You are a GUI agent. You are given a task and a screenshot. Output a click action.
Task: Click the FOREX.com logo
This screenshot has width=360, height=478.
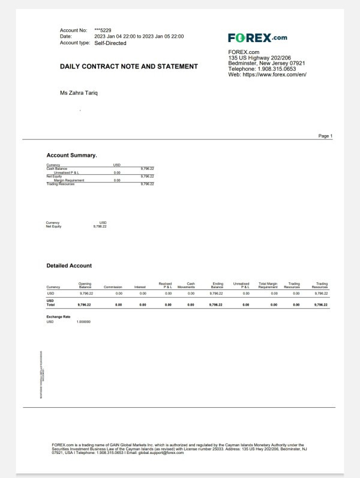(257, 38)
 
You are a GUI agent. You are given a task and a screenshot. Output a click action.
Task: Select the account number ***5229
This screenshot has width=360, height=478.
(103, 30)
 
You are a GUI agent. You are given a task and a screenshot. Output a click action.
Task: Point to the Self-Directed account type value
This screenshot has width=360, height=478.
(110, 43)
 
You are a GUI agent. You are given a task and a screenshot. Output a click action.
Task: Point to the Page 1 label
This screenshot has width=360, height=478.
(325, 136)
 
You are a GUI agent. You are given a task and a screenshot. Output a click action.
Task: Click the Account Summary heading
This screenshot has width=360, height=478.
(71, 156)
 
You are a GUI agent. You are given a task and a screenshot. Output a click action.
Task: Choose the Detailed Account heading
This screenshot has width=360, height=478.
(69, 265)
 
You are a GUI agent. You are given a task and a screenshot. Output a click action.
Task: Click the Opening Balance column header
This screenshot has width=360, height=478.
(85, 285)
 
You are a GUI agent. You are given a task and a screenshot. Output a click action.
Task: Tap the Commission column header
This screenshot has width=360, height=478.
(113, 287)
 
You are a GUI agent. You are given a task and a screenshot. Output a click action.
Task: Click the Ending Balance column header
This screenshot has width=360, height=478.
(218, 285)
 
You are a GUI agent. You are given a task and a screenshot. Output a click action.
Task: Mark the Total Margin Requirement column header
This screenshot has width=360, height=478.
(268, 285)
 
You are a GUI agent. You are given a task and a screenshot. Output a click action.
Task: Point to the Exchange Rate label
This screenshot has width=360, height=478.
(58, 316)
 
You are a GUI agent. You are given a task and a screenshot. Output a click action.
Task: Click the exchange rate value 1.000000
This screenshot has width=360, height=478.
(83, 322)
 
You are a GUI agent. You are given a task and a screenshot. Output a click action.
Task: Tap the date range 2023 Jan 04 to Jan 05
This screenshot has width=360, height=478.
(139, 37)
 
